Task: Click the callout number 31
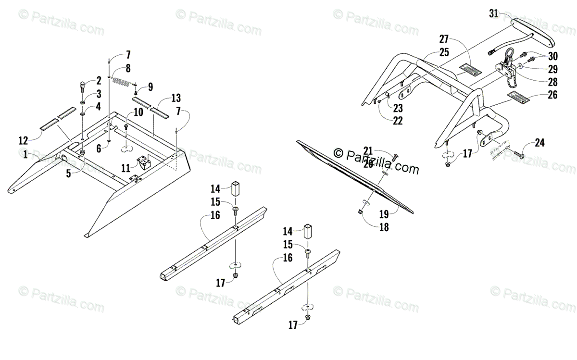coord(494,13)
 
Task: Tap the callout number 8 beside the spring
coord(128,67)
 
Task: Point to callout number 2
coord(98,80)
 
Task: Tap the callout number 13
coord(176,98)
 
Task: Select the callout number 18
coord(384,227)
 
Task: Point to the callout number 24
coord(540,142)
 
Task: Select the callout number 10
coord(138,112)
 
